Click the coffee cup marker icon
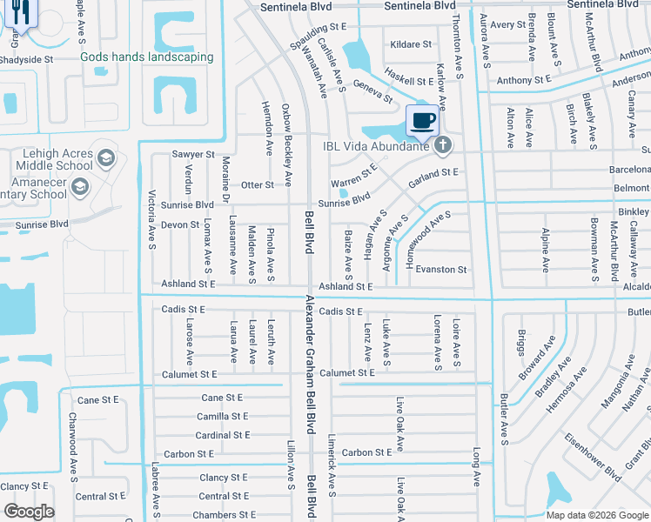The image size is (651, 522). (423, 120)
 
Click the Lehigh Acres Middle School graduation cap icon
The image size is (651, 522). (106, 158)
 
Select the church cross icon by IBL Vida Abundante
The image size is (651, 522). (443, 144)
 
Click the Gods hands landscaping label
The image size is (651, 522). (146, 57)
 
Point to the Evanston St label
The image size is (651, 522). (441, 270)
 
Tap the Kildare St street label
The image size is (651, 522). (411, 44)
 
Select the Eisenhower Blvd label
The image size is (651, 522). (592, 456)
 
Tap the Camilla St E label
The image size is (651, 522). (223, 417)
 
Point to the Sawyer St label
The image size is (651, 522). (192, 154)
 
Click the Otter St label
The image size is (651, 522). (257, 185)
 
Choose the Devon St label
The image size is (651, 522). (180, 225)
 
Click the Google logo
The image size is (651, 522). (29, 512)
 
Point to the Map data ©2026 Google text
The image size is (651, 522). (596, 515)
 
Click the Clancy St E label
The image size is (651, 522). (224, 478)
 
